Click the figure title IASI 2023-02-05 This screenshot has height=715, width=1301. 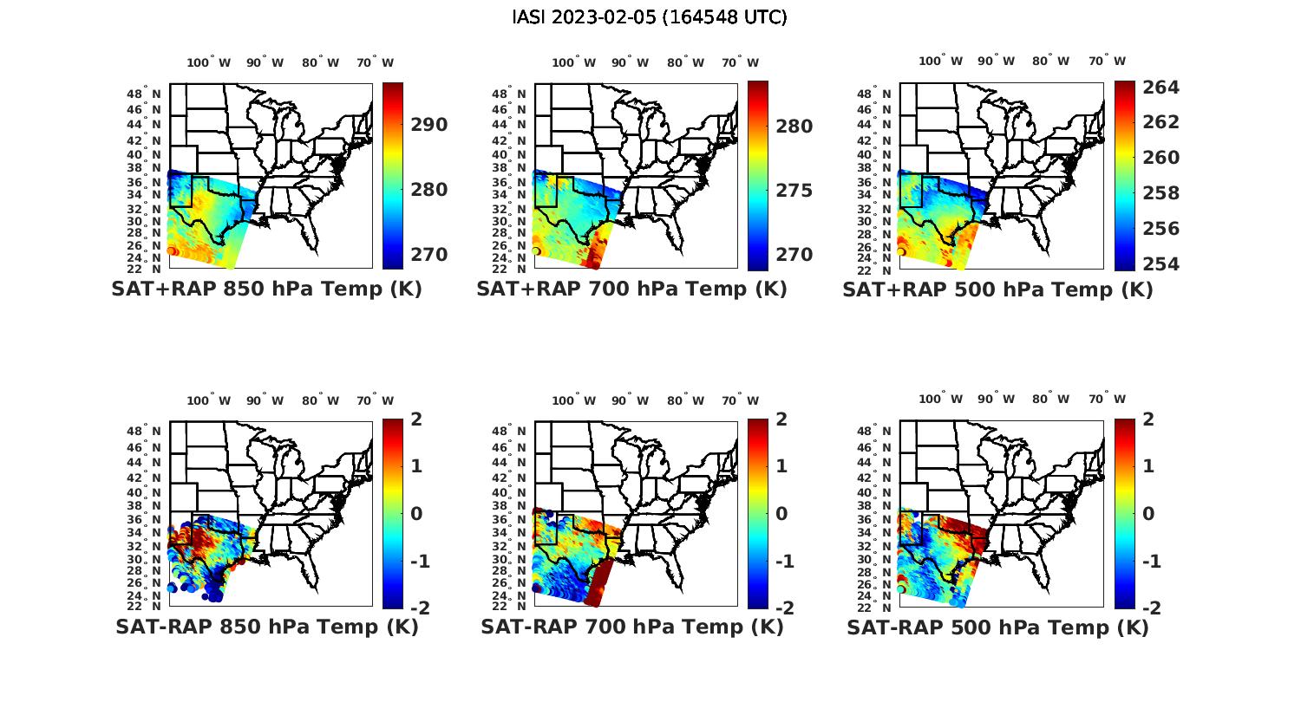650,17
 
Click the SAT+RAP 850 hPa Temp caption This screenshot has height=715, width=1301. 266,289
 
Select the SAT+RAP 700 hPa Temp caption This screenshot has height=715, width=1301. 631,289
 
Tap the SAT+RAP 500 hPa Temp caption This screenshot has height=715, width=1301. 997,289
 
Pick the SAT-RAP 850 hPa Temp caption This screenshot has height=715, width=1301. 266,627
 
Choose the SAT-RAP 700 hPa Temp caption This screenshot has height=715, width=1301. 631,627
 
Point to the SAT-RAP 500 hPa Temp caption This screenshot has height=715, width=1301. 997,627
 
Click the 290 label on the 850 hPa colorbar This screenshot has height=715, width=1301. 429,125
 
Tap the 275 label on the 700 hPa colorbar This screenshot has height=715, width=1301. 794,191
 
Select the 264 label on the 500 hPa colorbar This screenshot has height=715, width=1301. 1160,88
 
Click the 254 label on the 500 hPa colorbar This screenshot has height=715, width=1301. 1160,264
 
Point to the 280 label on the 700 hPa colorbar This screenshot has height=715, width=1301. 794,127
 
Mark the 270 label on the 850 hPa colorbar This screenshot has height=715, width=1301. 429,255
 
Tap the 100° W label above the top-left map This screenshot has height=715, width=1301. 209,62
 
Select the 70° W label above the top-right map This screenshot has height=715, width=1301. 1108,61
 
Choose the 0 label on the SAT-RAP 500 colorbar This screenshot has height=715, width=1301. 1149,514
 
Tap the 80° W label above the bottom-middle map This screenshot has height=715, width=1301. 686,400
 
